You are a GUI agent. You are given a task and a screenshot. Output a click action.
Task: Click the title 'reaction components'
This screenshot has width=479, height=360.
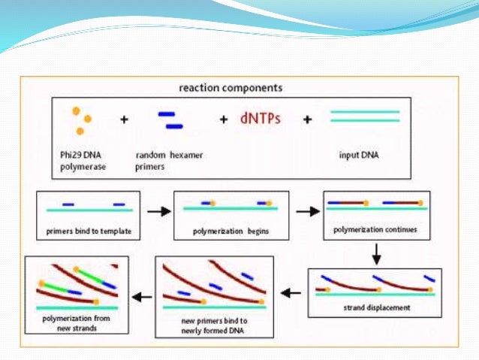[230, 88]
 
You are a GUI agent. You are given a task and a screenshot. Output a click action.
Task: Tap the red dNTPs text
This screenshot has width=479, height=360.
[260, 119]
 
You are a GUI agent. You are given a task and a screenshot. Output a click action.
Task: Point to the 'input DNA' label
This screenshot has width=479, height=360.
[365, 156]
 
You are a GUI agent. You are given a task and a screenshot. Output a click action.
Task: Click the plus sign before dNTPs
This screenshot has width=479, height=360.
[223, 119]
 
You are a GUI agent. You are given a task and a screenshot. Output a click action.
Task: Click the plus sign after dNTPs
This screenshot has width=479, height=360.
[306, 119]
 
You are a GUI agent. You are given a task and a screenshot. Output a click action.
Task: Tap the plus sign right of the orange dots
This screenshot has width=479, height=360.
[125, 119]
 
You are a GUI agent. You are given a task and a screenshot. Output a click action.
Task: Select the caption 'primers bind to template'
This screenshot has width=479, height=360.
[89, 231]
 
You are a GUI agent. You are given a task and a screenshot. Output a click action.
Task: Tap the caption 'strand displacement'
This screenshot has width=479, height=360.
[373, 308]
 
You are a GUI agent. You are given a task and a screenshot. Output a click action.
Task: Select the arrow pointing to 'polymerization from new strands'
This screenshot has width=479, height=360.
[141, 297]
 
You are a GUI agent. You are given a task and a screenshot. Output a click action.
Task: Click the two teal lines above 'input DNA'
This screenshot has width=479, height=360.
[365, 116]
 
